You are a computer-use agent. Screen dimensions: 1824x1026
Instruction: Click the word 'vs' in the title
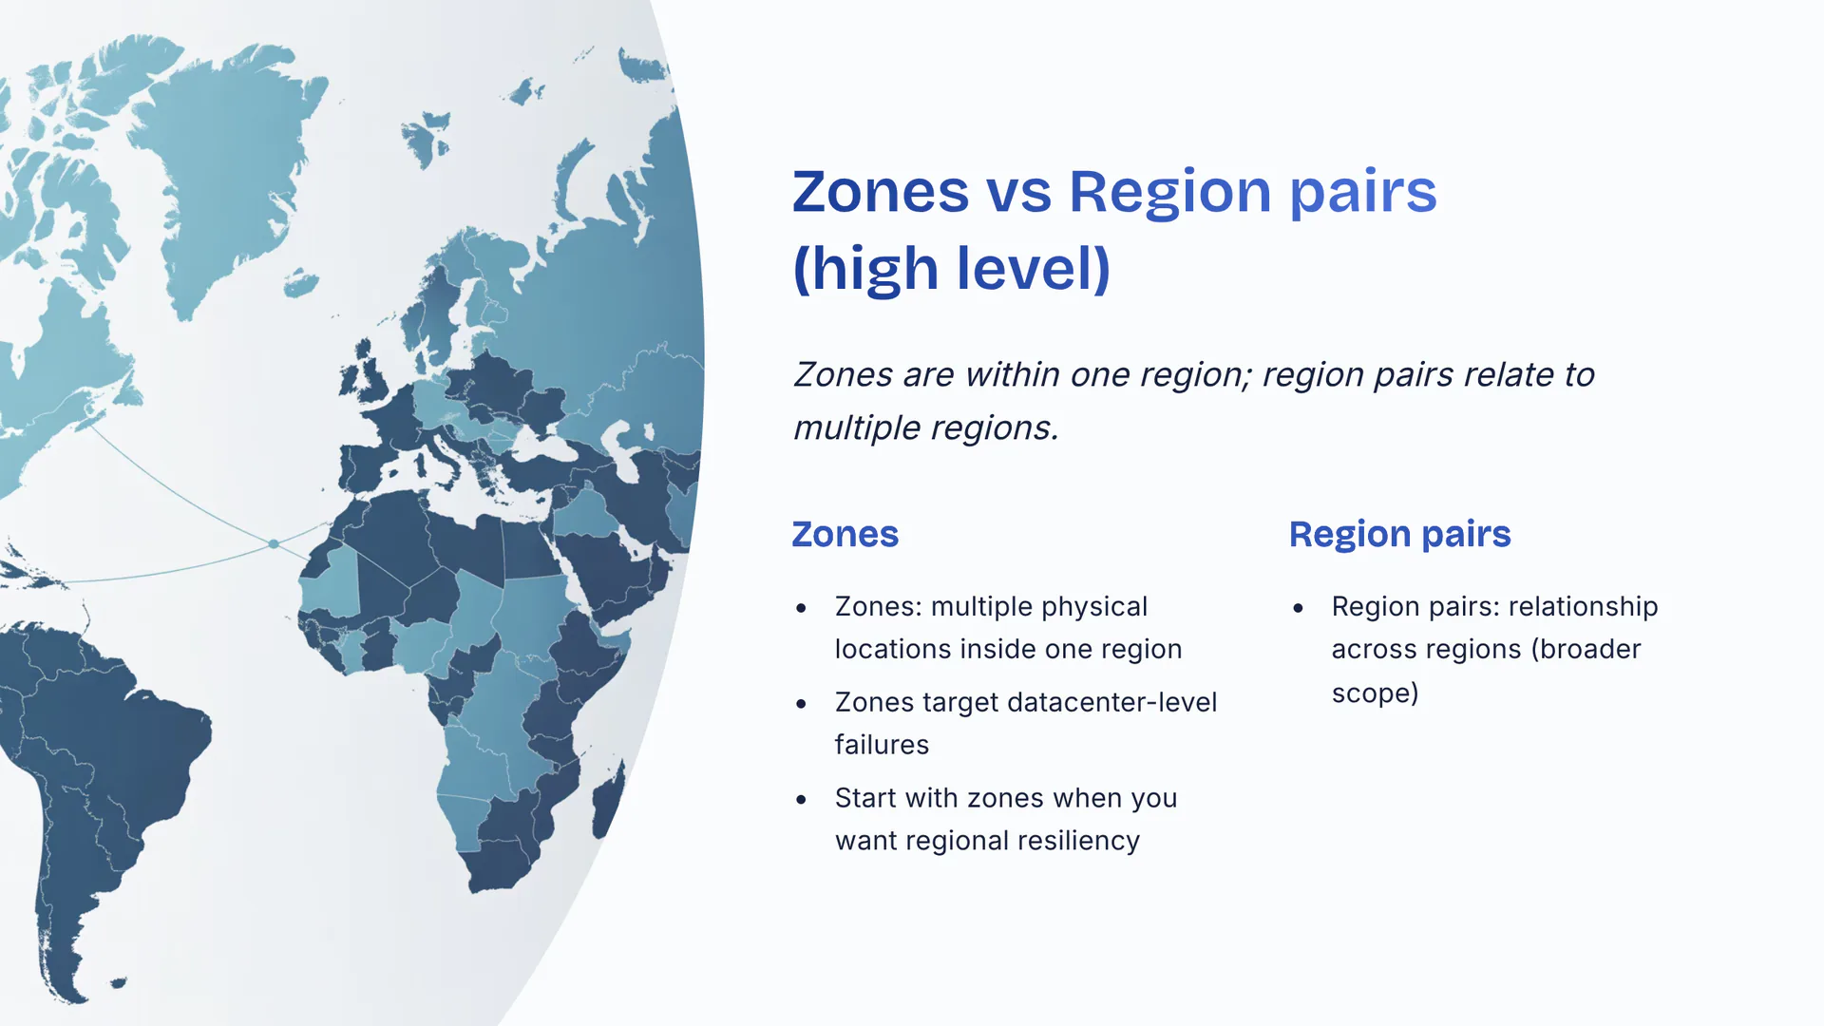1019,192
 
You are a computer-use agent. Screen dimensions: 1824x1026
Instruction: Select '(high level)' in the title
952,269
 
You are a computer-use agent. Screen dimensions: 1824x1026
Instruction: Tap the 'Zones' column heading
845,534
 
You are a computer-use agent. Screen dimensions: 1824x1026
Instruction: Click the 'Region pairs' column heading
1399,535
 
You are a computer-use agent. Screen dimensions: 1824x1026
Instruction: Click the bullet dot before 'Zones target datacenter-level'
802,704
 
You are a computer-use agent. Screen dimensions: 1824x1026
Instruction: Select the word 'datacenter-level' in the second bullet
1111,702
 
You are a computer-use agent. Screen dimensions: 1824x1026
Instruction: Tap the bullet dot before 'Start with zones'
802,800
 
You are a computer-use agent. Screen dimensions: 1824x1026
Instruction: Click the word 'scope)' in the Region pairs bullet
1375,693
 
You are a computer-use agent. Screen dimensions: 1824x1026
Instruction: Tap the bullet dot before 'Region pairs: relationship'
1299,608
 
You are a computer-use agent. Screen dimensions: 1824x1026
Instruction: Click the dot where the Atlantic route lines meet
274,544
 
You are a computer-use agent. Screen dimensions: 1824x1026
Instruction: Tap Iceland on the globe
301,282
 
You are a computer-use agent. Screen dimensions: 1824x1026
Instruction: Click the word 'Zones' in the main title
881,192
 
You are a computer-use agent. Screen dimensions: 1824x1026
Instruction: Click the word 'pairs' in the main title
1363,194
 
